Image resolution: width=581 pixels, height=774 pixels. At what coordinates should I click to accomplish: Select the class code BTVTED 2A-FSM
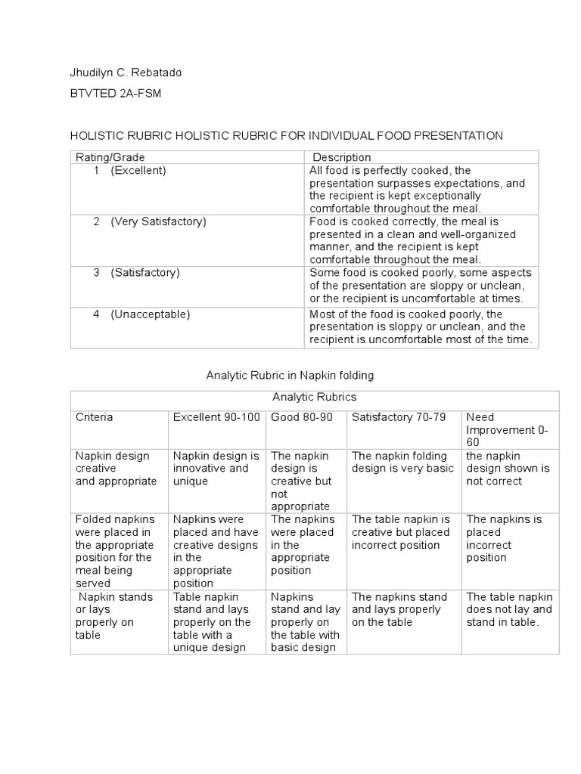(116, 94)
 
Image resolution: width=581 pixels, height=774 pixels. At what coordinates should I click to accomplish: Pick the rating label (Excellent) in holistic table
(138, 171)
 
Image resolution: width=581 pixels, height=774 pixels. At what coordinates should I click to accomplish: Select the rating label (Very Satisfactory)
(158, 221)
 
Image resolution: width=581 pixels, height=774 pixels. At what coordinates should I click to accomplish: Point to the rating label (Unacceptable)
(150, 314)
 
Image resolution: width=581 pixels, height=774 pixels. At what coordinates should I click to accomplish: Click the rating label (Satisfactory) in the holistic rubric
(145, 272)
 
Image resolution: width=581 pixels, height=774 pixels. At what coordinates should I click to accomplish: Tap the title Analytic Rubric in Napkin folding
(290, 375)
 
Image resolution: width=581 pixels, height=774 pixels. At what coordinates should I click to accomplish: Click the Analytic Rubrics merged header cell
(314, 397)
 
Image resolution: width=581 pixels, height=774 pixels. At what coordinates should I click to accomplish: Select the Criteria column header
(95, 417)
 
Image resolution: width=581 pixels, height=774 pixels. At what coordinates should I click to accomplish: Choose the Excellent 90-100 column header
(216, 417)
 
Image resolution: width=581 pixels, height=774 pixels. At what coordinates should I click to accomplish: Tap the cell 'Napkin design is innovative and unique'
(216, 469)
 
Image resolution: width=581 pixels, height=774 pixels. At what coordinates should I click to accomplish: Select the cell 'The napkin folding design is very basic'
(402, 462)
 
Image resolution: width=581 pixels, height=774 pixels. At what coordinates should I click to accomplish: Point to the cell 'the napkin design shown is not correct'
(508, 469)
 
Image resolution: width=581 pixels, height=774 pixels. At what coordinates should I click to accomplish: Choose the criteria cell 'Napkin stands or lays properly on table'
(109, 616)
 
